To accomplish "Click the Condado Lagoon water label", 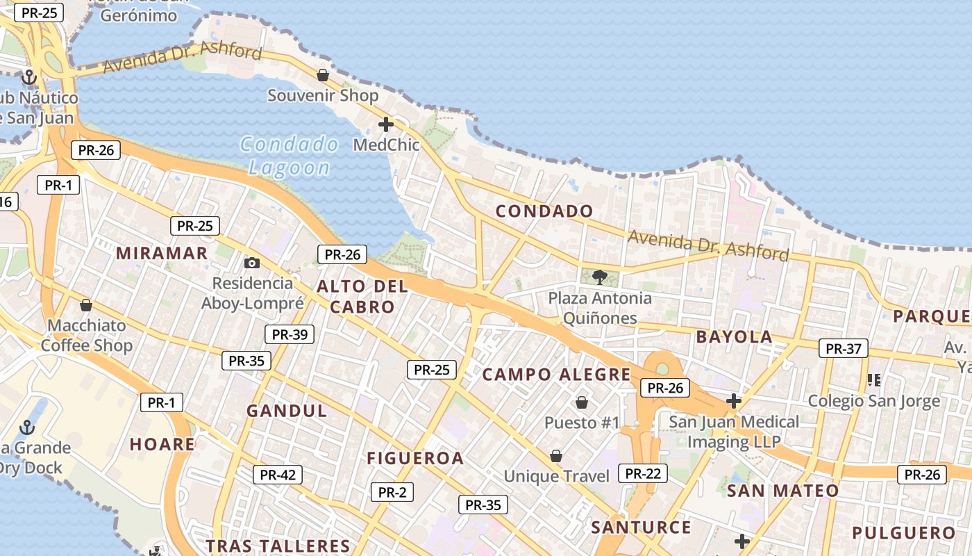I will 290,156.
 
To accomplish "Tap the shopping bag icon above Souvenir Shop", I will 323,75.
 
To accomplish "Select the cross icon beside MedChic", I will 386,125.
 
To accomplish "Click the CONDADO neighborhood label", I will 544,211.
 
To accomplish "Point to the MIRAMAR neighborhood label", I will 162,253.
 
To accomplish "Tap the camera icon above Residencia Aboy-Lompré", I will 252,263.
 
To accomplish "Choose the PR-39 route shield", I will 290,334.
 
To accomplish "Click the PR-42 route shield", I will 278,475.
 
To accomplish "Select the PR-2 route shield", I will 392,492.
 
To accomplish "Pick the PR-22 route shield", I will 643,474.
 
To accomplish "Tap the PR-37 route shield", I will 844,348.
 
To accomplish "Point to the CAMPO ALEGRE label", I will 557,375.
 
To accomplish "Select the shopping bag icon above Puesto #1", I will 582,402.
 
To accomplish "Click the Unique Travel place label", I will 556,476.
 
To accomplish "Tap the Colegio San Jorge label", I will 873,401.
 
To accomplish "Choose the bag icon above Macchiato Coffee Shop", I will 86,305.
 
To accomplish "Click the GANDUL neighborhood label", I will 287,411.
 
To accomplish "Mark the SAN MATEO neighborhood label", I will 782,491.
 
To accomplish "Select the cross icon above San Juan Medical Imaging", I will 734,401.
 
